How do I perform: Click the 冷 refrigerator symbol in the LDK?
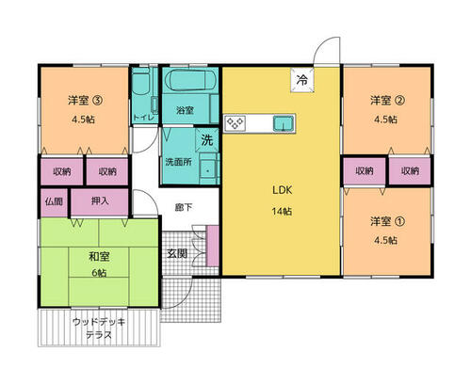point(302,80)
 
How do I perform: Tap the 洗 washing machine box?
point(206,139)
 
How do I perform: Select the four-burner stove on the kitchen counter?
point(235,123)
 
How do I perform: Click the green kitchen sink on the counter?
point(284,123)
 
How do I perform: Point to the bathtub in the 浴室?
point(191,80)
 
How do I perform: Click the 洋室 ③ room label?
point(86,101)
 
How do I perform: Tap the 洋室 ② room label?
point(388,101)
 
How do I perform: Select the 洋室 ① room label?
point(388,221)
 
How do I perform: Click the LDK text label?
point(282,190)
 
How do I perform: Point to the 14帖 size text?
point(282,211)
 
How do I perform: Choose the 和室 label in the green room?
point(99,257)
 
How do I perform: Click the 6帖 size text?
point(99,273)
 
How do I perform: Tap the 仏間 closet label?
point(54,201)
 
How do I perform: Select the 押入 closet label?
point(100,200)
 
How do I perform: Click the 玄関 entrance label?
point(177,253)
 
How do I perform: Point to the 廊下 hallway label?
point(184,207)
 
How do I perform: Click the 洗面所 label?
point(179,162)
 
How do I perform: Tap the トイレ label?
point(144,118)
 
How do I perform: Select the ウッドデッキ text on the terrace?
point(99,322)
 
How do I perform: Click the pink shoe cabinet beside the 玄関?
point(213,246)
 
